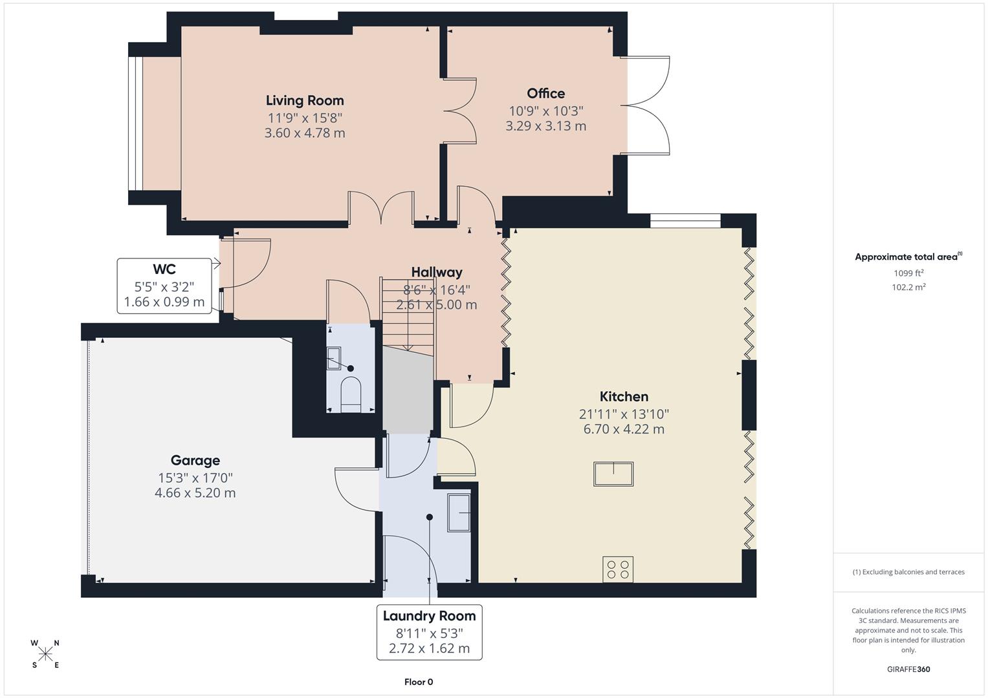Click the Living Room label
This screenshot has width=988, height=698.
[x=305, y=100]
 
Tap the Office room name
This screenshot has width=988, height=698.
[x=545, y=93]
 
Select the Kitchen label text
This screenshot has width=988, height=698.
[x=624, y=396]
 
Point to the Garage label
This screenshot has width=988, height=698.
[x=195, y=460]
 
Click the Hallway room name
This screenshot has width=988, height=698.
[x=437, y=272]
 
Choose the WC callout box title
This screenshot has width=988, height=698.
[x=164, y=269]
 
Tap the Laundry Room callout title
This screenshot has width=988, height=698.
[x=429, y=616]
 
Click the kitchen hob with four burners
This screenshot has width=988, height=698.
[x=617, y=569]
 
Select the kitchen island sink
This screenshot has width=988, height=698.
[x=613, y=474]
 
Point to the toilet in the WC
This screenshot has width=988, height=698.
[x=350, y=394]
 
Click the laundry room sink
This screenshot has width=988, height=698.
[x=459, y=513]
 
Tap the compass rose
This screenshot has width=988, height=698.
[x=45, y=654]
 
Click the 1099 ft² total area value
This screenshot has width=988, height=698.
[x=908, y=273]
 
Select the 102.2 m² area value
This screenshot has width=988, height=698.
[x=908, y=288]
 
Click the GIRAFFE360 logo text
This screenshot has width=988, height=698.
[x=908, y=670]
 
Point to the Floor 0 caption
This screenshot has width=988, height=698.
[x=419, y=682]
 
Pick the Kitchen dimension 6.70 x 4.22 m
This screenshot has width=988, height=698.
[x=624, y=429]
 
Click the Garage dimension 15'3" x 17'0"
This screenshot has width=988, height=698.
[x=195, y=478]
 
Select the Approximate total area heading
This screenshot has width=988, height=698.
[x=907, y=257]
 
